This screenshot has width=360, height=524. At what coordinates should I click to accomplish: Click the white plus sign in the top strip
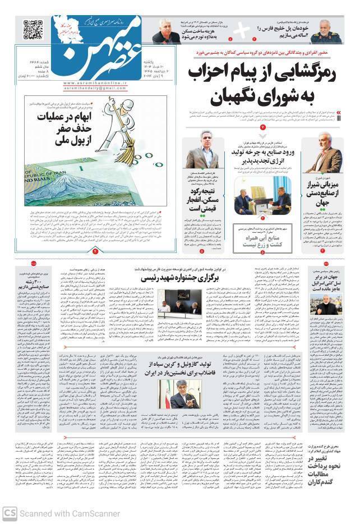tap(241, 29)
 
